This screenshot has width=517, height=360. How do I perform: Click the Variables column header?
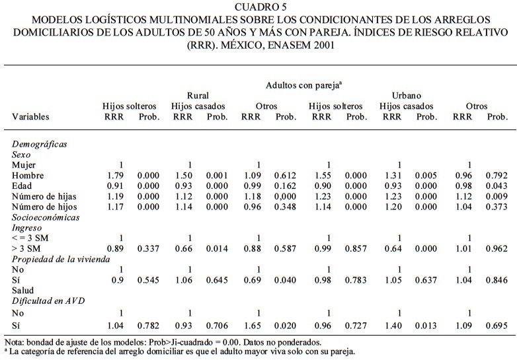coord(30,117)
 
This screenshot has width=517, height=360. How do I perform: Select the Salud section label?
coord(23,290)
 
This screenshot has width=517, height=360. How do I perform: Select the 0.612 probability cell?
coord(286,175)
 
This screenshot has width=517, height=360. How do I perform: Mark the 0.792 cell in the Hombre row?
coord(497,175)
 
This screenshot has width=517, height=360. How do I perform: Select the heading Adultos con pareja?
coord(303,85)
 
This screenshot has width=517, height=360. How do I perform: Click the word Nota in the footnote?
coord(12,342)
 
